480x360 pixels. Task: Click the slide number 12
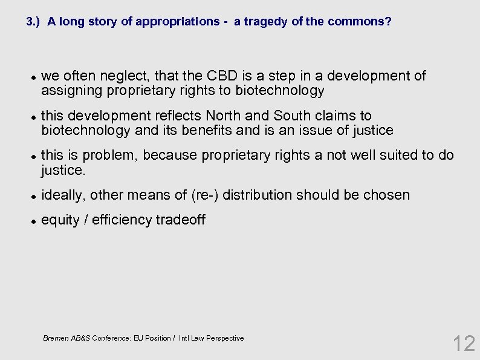pos(464,343)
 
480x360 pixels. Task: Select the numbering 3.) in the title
pos(34,22)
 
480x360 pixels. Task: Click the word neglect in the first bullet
pos(127,76)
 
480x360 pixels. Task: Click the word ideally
pos(63,195)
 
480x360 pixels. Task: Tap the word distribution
pos(255,195)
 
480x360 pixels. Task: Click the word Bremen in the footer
pos(56,338)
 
